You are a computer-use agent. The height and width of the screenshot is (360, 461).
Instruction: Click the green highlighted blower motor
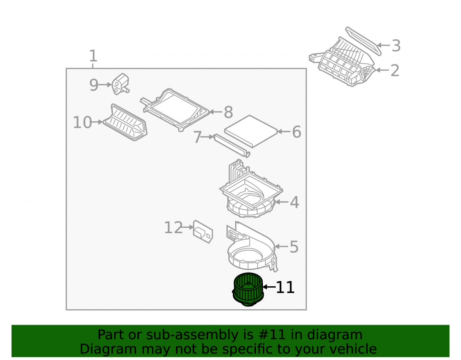pos(248,289)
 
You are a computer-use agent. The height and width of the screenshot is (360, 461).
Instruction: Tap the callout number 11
pos(285,288)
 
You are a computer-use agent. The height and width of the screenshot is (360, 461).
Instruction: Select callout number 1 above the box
pos(93,56)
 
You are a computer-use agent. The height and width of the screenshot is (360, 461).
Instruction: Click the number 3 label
pos(396,46)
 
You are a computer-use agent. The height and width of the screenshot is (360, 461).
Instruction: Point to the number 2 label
pos(395,71)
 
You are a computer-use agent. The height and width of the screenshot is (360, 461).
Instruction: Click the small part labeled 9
pos(121,84)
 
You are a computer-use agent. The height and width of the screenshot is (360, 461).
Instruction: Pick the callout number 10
pos(83,123)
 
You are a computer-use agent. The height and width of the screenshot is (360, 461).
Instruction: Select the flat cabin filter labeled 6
pos(251,131)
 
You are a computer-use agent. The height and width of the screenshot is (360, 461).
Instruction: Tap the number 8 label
pos(229,112)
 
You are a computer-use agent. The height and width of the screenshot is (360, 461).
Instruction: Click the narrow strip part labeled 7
pos(232,146)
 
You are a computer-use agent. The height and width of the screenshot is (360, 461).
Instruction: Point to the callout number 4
pos(295,202)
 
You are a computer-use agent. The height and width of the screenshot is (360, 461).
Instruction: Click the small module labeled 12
pos(203,231)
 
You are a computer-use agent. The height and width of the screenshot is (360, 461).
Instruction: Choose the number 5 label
pos(294,247)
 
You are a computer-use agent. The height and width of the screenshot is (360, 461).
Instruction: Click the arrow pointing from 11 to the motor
pos(269,287)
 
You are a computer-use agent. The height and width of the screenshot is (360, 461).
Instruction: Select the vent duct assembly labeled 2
pos(342,62)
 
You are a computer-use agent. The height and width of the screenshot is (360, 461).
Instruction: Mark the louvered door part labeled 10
pos(125,122)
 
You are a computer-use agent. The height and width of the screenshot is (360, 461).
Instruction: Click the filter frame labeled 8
pos(175,110)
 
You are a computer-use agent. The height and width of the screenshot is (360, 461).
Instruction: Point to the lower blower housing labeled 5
pos(252,248)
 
